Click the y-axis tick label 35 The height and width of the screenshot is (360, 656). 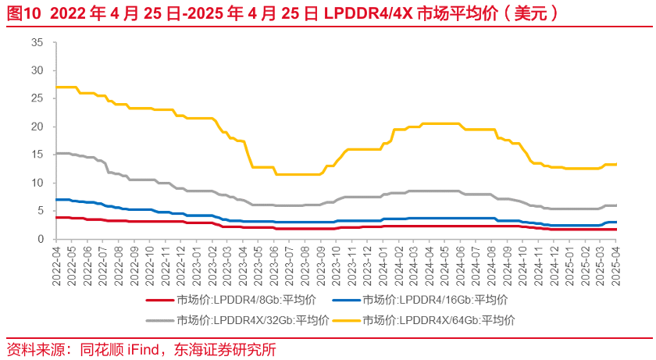coord(37,42)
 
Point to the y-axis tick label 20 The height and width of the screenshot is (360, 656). coord(37,127)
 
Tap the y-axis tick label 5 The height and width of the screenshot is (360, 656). coord(40,211)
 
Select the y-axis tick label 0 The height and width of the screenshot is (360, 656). coord(40,239)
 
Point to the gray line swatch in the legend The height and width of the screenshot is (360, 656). coord(159,319)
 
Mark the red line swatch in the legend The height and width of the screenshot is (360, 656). coord(159,300)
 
